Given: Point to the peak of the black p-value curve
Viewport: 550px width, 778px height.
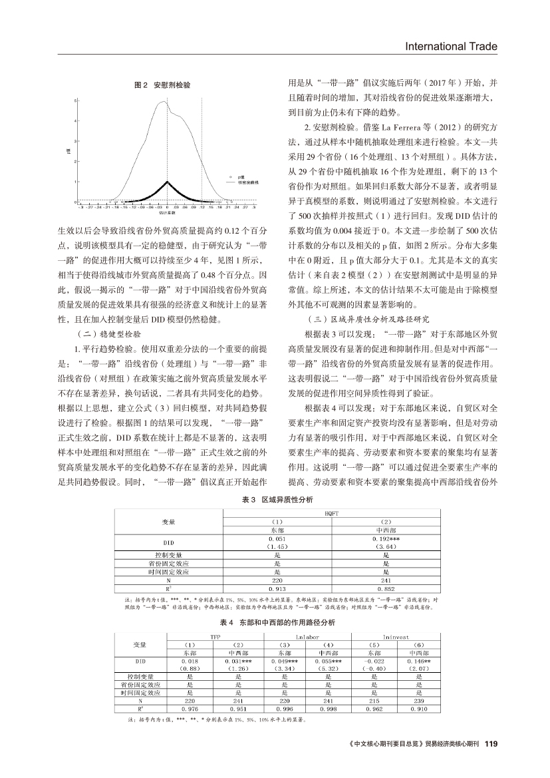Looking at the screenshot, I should (168, 182).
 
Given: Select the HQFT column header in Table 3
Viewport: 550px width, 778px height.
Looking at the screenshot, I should (332, 512).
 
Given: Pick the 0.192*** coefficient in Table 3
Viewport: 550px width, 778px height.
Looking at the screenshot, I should (386, 537).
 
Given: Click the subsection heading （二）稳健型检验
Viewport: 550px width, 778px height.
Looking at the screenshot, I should (110, 333).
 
